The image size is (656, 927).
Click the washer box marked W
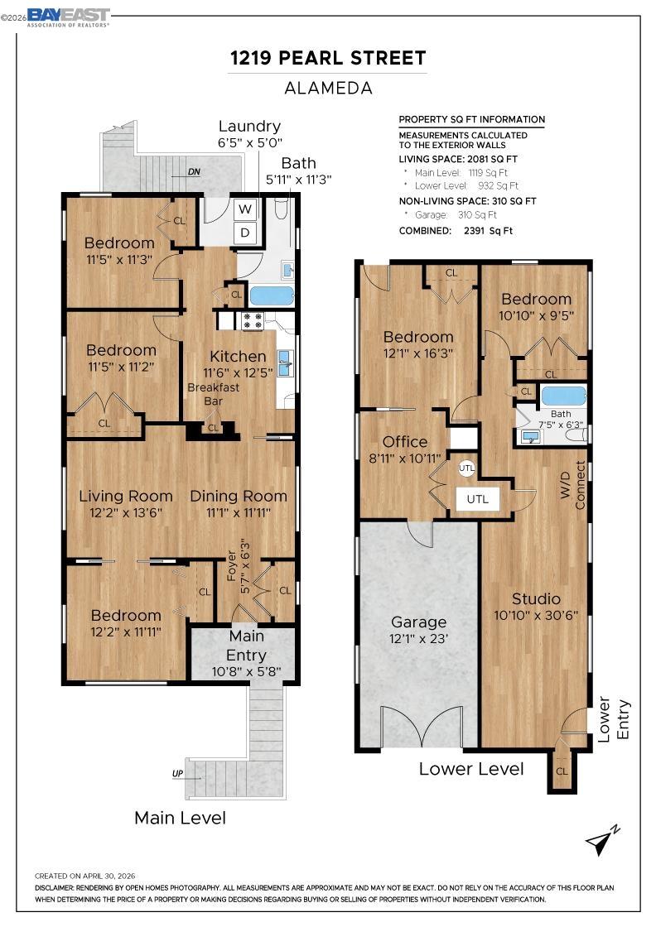coord(245,209)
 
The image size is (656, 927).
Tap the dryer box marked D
coord(245,233)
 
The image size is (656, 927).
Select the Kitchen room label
coord(238,357)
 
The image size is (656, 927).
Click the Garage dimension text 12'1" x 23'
coord(418,638)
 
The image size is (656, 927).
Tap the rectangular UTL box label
coord(478,499)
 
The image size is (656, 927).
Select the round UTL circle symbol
coord(466,468)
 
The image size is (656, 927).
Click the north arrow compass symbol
coord(602,839)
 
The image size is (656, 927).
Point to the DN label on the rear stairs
coord(194,172)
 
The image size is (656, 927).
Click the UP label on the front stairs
coord(177,773)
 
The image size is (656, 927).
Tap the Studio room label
coord(536,598)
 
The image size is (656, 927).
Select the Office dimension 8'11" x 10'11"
coord(405,459)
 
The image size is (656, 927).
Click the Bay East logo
coord(69,17)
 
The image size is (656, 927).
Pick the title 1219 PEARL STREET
coord(328,58)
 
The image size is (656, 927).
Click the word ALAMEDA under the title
coord(328,88)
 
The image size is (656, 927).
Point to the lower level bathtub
coord(564,396)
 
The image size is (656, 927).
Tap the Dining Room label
coord(239,496)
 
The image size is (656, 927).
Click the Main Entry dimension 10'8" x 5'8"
coord(246,671)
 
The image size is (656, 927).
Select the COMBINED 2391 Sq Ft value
coord(488,231)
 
